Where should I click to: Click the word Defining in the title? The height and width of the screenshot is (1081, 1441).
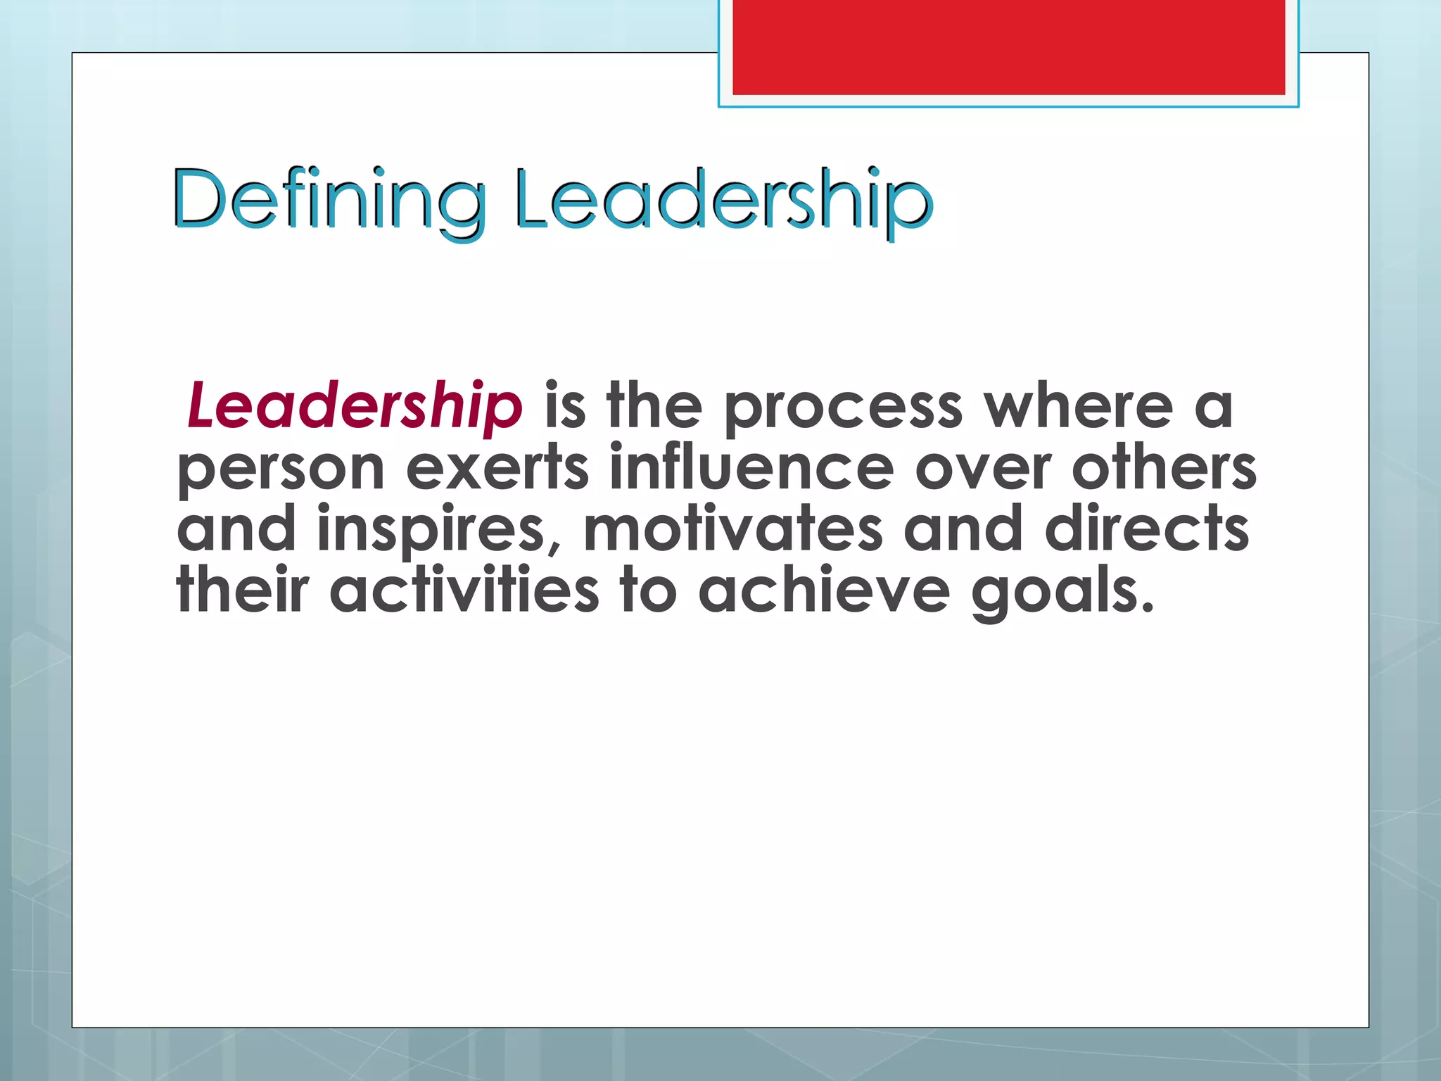[329, 200]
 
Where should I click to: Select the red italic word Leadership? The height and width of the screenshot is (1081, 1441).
[355, 405]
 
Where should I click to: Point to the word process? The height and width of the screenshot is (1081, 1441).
[843, 408]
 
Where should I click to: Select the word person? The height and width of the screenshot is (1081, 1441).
[280, 470]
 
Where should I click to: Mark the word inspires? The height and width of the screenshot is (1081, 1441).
[432, 531]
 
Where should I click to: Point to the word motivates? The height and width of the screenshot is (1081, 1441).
[732, 529]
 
